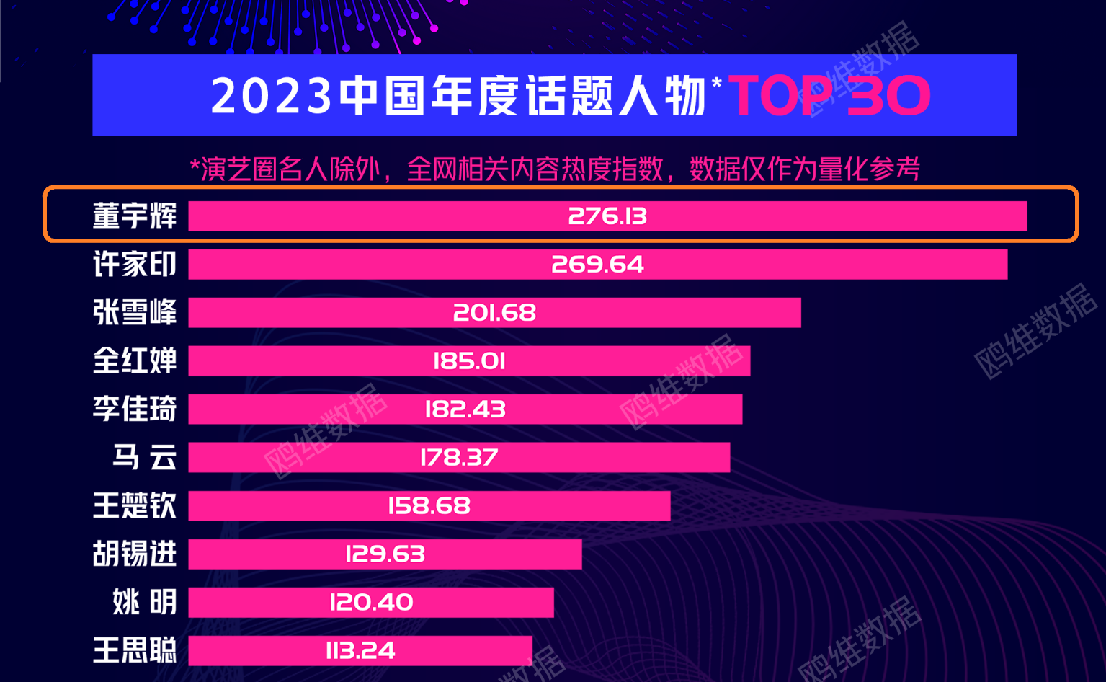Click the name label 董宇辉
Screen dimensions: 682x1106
pyautogui.click(x=135, y=216)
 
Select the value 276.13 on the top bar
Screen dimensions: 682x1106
pyautogui.click(x=607, y=216)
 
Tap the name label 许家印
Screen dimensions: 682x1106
pyautogui.click(x=135, y=265)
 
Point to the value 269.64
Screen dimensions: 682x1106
pyautogui.click(x=597, y=265)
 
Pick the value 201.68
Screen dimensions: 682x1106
pyautogui.click(x=494, y=313)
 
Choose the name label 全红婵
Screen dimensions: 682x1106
pyautogui.click(x=135, y=360)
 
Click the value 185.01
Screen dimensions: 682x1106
pyautogui.click(x=469, y=360)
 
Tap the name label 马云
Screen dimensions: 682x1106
pyautogui.click(x=144, y=457)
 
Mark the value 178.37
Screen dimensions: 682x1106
pyautogui.click(x=459, y=457)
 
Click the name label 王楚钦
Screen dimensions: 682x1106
pyautogui.click(x=135, y=505)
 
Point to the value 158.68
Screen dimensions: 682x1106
pyautogui.click(x=429, y=505)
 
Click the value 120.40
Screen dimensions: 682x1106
pyautogui.click(x=371, y=602)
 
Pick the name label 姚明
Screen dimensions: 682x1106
pyautogui.click(x=144, y=602)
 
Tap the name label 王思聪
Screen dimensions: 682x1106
pyautogui.click(x=135, y=650)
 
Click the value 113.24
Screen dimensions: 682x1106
pyautogui.click(x=360, y=650)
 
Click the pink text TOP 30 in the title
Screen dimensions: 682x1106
pyautogui.click(x=829, y=95)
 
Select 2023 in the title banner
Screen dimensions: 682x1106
pyautogui.click(x=272, y=96)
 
